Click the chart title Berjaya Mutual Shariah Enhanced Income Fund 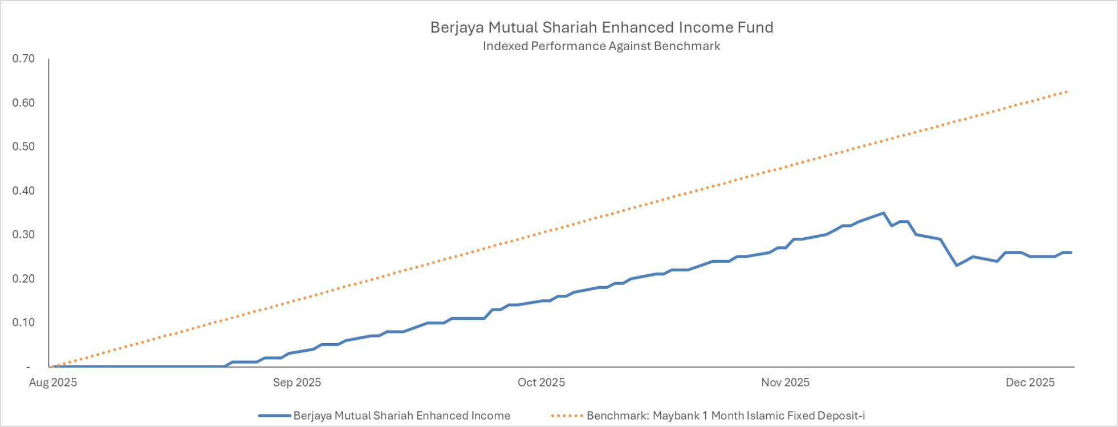point(601,27)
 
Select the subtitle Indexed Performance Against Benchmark point(601,46)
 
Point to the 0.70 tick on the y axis point(23,59)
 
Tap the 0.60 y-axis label point(23,103)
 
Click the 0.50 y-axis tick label point(23,147)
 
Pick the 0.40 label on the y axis point(23,190)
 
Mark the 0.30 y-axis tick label point(23,234)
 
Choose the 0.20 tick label point(23,278)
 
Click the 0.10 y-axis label point(23,322)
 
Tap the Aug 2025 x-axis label point(53,383)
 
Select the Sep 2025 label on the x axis point(297,383)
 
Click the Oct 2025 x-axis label point(541,383)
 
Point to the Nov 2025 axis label point(785,383)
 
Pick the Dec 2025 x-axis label point(1030,383)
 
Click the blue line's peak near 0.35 point(883,213)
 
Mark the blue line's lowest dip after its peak point(957,265)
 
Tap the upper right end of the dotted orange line point(1067,92)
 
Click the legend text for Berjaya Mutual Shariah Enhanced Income point(401,416)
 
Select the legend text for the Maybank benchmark point(725,416)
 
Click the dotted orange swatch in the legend point(567,416)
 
